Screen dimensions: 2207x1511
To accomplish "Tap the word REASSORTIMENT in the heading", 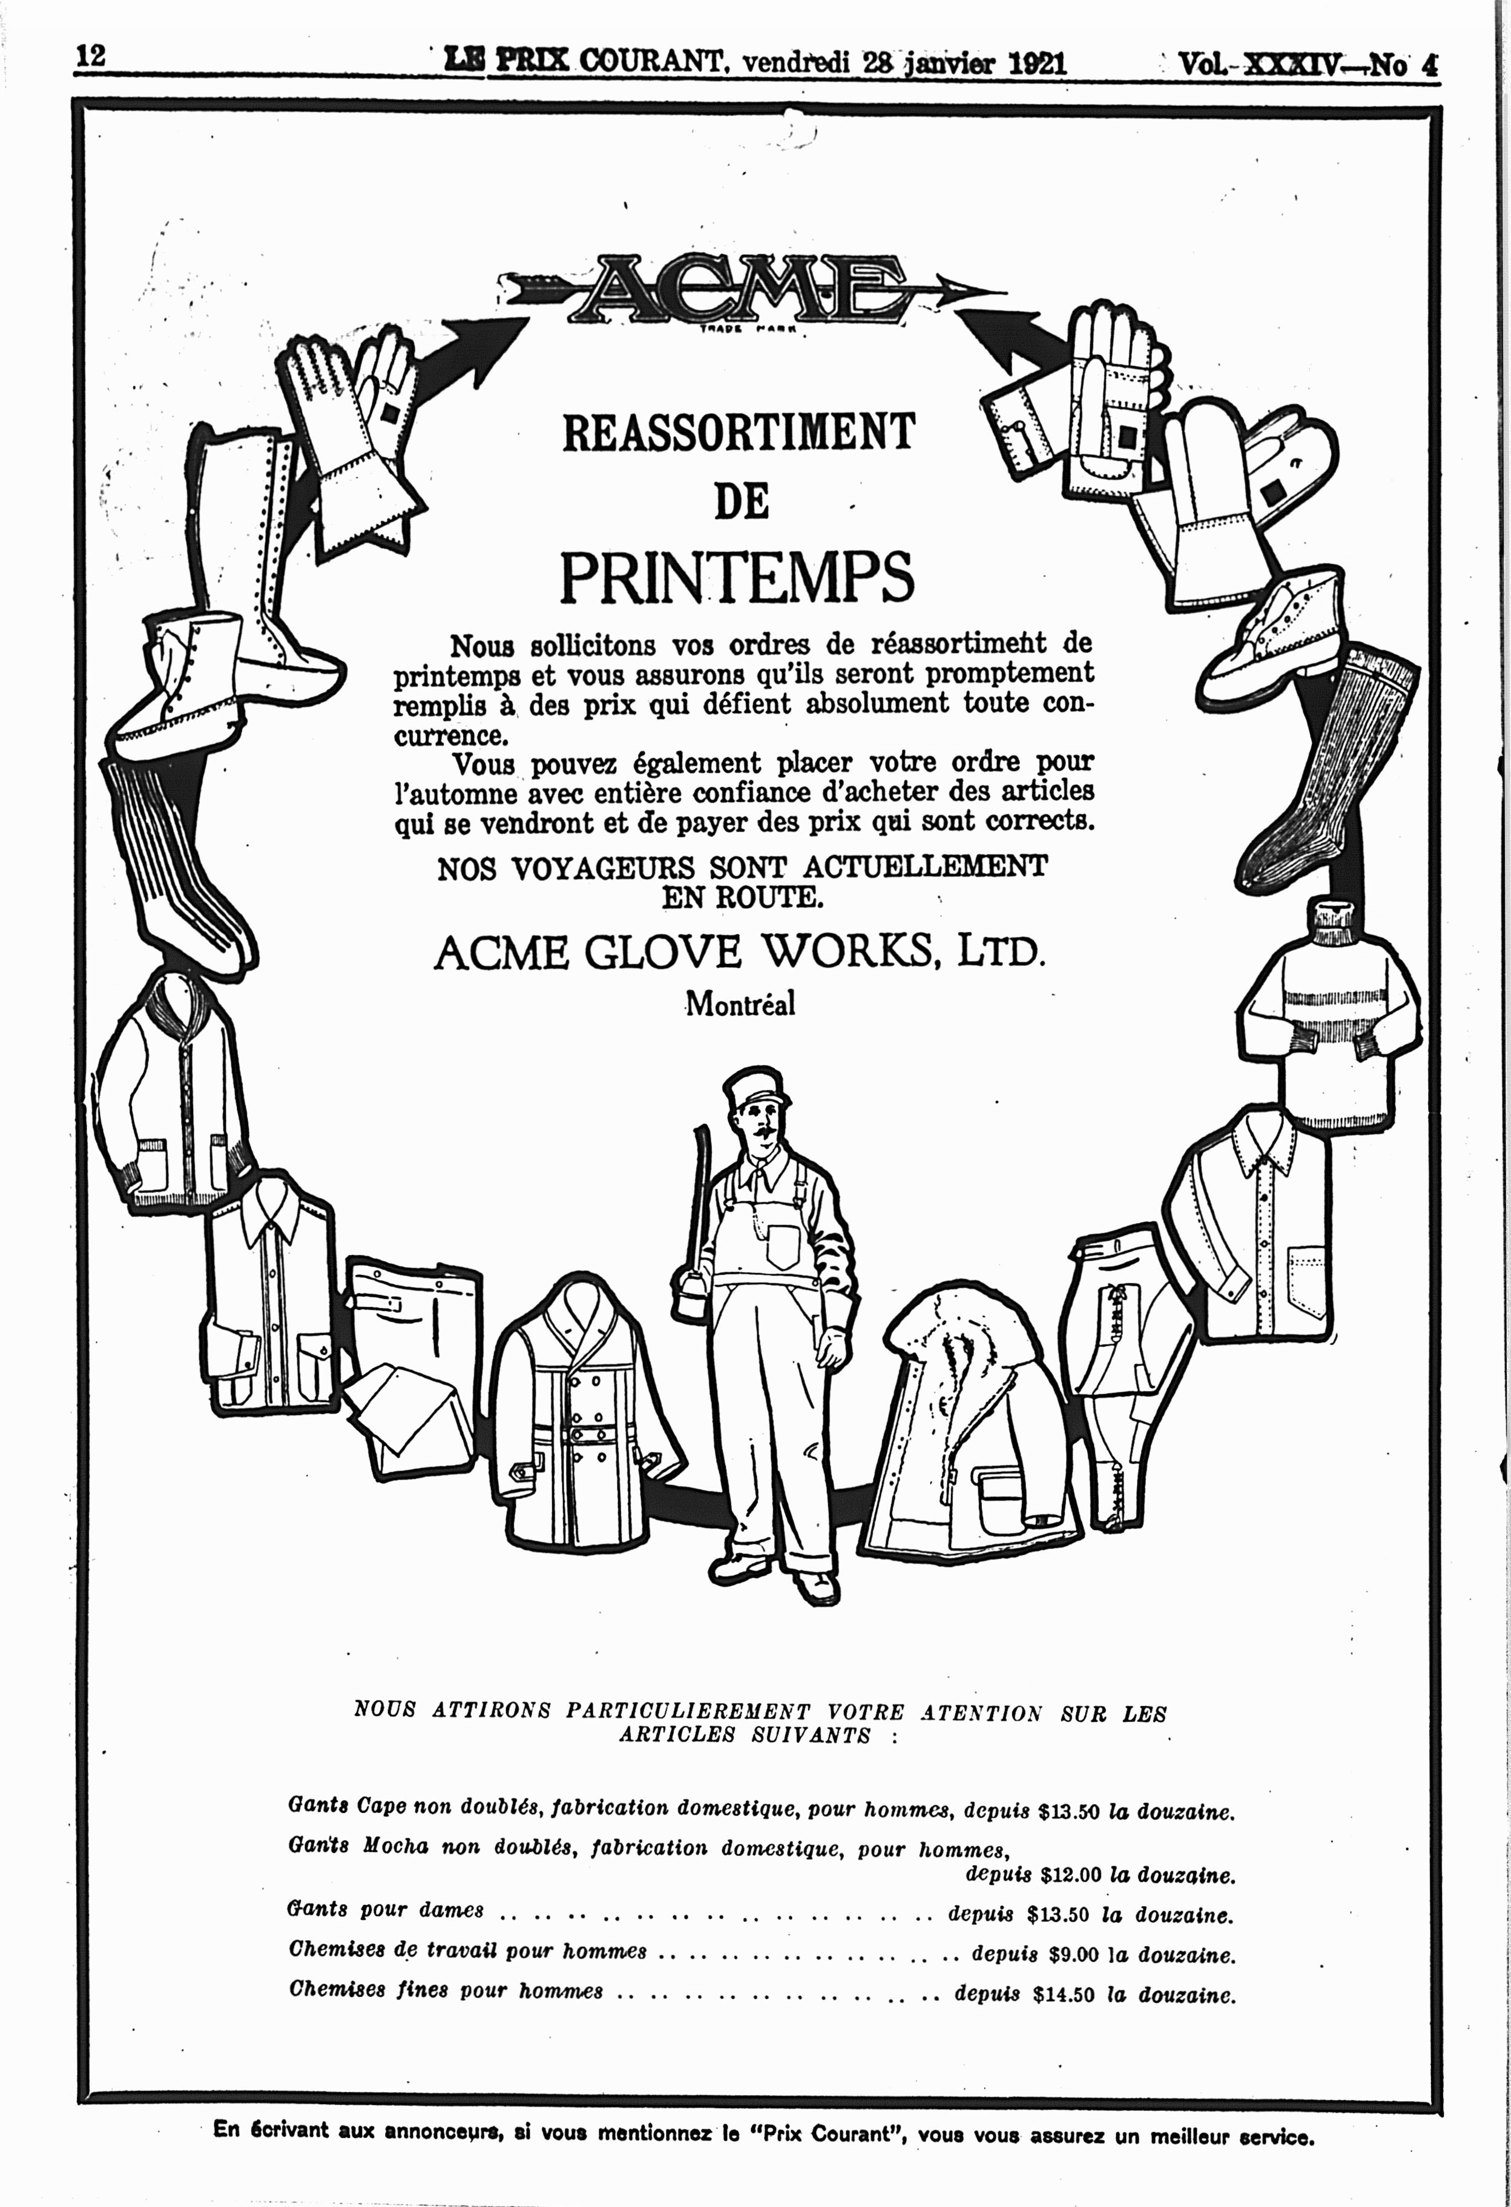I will (739, 432).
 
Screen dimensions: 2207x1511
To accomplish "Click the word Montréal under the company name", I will (740, 1005).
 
